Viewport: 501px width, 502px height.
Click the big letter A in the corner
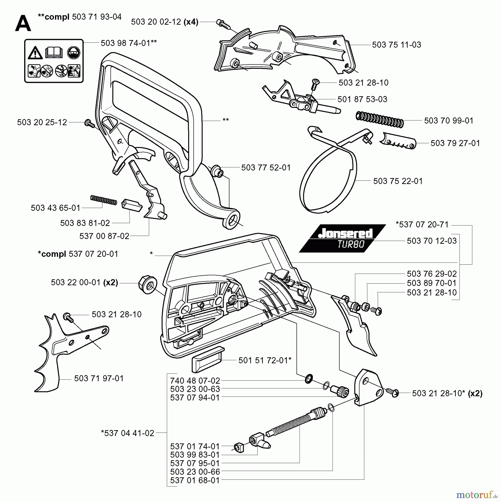[x=23, y=24]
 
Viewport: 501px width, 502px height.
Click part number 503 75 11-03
[x=396, y=45]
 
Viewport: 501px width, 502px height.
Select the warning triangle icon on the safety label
[x=35, y=53]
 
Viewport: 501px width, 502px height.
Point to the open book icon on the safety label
[x=54, y=52]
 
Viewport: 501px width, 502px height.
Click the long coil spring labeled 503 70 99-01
[x=379, y=119]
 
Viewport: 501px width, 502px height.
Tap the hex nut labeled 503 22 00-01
[x=147, y=284]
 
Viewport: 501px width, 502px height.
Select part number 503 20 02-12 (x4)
[x=164, y=22]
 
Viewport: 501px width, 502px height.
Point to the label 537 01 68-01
[x=195, y=480]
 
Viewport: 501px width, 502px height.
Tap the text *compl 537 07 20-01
[x=78, y=254]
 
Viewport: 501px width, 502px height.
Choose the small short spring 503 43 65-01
[x=103, y=200]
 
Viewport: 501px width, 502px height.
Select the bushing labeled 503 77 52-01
[x=216, y=170]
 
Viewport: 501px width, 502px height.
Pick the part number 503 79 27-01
[x=455, y=143]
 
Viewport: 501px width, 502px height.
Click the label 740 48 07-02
[x=195, y=380]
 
